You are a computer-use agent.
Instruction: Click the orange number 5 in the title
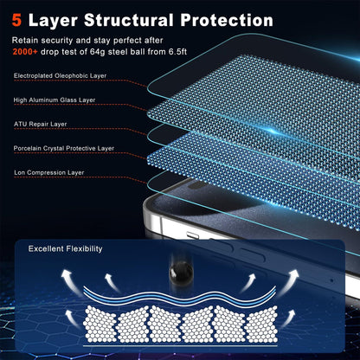16,21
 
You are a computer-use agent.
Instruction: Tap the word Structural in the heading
129,21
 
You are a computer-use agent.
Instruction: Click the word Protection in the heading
227,21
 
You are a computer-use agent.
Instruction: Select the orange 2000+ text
25,52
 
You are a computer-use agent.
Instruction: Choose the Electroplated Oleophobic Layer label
60,76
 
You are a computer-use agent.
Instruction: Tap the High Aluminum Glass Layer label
55,100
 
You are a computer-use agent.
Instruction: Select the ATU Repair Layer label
40,125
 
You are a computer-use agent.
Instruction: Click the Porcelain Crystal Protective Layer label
64,148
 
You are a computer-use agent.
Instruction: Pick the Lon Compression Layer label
49,172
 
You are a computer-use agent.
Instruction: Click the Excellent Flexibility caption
65,248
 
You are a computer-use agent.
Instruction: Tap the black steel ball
181,273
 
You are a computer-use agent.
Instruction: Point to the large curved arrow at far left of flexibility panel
69,281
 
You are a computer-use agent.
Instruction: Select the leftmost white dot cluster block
100,324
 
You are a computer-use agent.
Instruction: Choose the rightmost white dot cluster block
262,324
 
